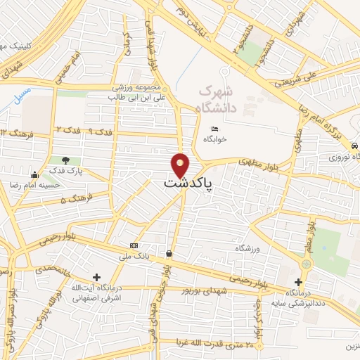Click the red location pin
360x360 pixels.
pyautogui.click(x=181, y=164)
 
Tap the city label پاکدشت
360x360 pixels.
pyautogui.click(x=189, y=183)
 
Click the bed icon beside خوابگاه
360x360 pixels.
pyautogui.click(x=215, y=128)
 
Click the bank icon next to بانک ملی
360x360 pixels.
pyautogui.click(x=134, y=245)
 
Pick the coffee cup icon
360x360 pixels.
pyautogui.click(x=169, y=252)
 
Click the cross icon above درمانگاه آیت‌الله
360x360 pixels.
pyautogui.click(x=96, y=278)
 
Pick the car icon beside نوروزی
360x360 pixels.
pyautogui.click(x=354, y=145)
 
